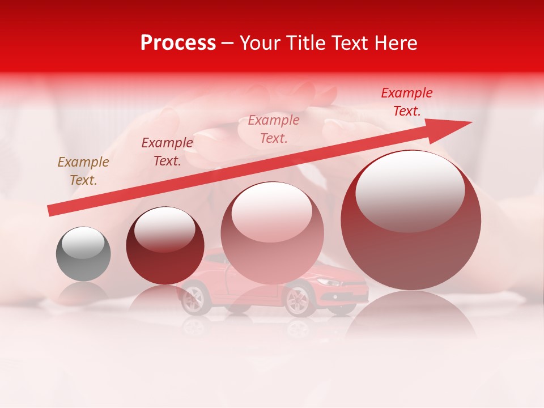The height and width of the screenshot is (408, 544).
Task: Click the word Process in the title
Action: click(x=178, y=43)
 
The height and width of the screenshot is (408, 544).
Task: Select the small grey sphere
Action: click(x=83, y=254)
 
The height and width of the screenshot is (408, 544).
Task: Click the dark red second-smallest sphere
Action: click(x=165, y=245)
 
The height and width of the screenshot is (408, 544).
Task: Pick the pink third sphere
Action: click(x=272, y=233)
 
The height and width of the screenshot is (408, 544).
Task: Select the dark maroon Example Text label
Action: click(x=167, y=152)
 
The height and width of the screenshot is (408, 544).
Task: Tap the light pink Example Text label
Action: click(x=274, y=129)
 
